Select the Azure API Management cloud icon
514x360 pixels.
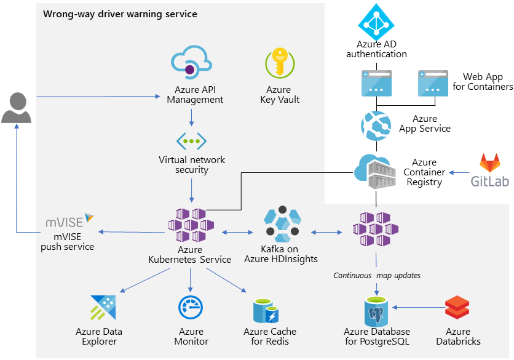coord(191,63)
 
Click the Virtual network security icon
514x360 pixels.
coord(191,140)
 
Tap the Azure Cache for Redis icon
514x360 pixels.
coord(269,310)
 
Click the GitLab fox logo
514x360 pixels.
coord(490,164)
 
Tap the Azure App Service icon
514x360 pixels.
coord(376,123)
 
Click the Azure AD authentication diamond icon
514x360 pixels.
coord(376,22)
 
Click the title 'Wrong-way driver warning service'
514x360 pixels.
coord(120,14)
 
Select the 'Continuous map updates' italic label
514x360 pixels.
coord(377,275)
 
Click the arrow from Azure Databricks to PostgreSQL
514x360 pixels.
coord(418,306)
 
